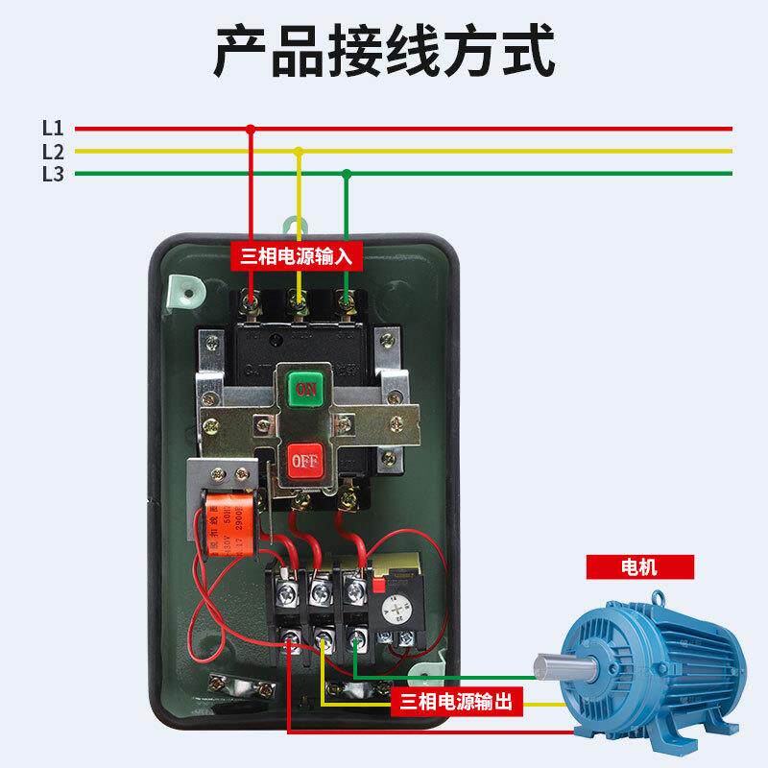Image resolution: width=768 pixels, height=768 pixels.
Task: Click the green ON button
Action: coord(305,390)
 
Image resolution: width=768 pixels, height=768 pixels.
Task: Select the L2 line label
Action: coord(53,151)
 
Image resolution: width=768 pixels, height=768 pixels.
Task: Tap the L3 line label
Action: coord(53,174)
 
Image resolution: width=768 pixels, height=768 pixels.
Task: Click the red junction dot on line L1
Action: coord(251,128)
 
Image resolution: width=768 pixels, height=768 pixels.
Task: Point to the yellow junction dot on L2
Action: coord(299,151)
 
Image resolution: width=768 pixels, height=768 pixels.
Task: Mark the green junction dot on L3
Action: coord(347,174)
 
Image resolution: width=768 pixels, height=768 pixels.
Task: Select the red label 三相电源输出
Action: coord(457,703)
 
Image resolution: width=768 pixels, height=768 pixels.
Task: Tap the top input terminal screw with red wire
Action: coord(252,305)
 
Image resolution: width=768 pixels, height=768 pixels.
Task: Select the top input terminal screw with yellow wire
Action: coord(299,305)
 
